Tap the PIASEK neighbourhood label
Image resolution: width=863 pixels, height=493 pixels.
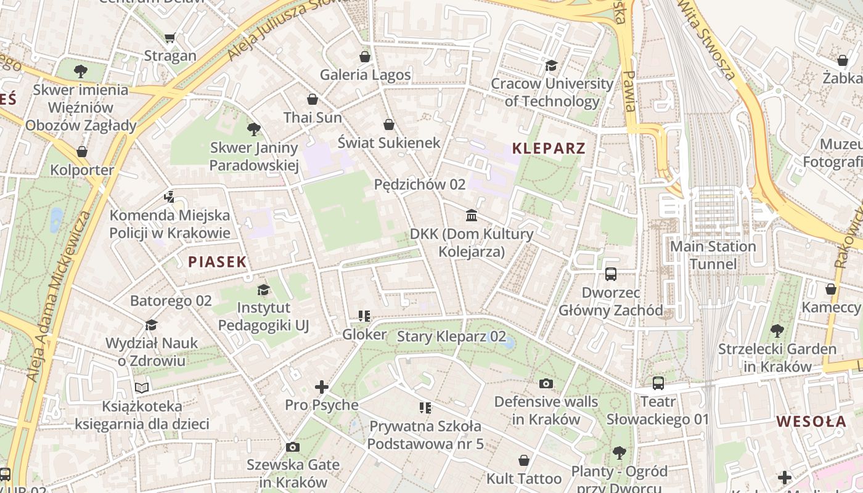[x=217, y=262]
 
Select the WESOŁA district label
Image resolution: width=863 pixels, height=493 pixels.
[x=811, y=422]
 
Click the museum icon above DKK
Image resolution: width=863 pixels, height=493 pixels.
[x=472, y=215]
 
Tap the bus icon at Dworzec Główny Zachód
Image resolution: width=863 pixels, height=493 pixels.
[x=611, y=274]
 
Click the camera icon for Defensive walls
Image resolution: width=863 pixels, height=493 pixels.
[x=546, y=383]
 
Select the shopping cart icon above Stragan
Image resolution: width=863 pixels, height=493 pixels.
[x=170, y=38]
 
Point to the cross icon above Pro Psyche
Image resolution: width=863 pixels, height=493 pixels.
[x=321, y=387]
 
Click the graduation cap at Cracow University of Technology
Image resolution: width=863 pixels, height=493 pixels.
[x=551, y=65]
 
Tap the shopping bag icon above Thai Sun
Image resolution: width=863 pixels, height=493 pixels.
[x=313, y=99]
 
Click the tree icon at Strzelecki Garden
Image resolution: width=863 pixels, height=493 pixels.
[x=777, y=331]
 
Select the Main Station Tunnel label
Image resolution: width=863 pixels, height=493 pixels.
[x=713, y=255]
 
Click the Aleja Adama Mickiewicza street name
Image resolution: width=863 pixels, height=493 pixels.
[x=59, y=296]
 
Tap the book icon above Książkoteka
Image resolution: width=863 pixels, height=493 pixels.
[x=142, y=388]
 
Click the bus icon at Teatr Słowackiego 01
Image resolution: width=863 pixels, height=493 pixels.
[x=658, y=383]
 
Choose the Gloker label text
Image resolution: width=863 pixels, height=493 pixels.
[x=364, y=335]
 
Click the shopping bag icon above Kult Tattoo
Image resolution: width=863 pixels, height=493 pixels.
[x=524, y=460]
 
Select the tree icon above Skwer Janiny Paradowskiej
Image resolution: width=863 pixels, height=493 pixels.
[x=253, y=129]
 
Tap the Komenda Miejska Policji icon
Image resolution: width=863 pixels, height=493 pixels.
[x=170, y=197]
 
